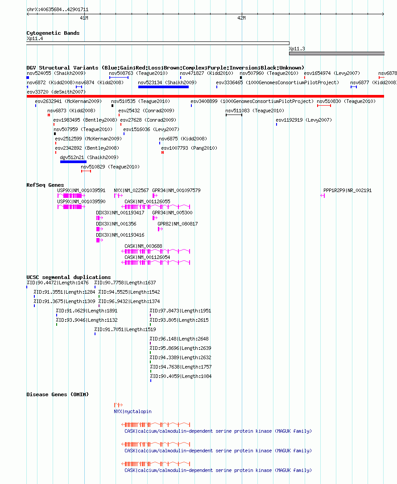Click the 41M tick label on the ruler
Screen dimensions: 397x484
tap(84, 18)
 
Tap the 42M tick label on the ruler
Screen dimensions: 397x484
tap(242, 18)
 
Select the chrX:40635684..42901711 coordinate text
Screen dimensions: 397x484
tap(58, 9)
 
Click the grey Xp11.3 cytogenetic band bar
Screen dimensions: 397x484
tap(337, 53)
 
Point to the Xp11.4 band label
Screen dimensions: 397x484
tap(35, 39)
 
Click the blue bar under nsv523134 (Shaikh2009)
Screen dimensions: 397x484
tap(163, 87)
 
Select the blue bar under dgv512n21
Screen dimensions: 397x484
tap(73, 162)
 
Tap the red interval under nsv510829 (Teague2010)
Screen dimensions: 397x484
tap(86, 171)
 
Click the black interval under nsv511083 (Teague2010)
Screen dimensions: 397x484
tap(234, 115)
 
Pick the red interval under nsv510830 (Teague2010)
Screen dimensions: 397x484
tap(324, 106)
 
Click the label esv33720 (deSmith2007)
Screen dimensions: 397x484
tap(56, 92)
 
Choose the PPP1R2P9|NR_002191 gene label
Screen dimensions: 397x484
tap(347, 190)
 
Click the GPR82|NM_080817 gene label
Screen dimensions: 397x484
tap(178, 224)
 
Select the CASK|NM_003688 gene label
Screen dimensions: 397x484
tap(143, 246)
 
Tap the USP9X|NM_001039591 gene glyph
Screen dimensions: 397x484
tap(71, 196)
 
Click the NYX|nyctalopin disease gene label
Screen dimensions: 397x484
tap(132, 411)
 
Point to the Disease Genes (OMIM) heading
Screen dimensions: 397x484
tap(58, 394)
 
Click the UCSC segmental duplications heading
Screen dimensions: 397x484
tap(69, 277)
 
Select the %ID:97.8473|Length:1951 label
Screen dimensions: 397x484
tap(180, 311)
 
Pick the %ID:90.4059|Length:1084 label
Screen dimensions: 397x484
tap(181, 376)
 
